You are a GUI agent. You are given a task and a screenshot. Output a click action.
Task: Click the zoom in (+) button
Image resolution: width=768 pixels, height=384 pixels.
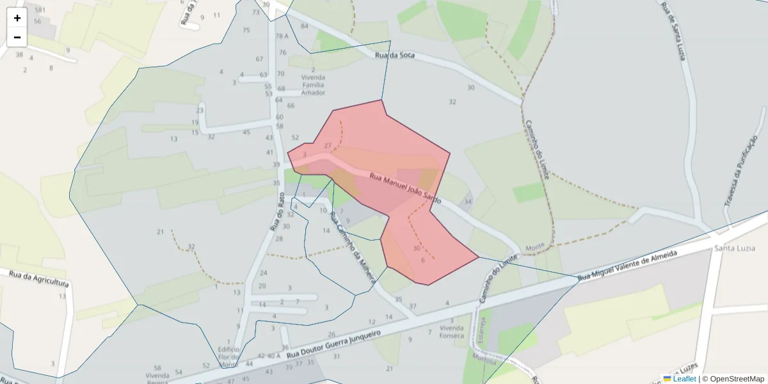pyautogui.click(x=17, y=18)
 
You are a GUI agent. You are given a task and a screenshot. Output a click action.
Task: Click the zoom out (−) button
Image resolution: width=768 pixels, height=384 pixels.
pyautogui.click(x=17, y=37)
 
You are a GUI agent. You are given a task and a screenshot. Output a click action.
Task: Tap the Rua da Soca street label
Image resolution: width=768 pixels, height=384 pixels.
pyautogui.click(x=395, y=56)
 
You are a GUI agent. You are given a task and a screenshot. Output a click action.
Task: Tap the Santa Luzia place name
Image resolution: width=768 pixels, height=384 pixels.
pyautogui.click(x=735, y=248)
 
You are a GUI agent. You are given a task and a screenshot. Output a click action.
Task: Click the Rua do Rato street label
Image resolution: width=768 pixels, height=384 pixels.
pyautogui.click(x=276, y=211)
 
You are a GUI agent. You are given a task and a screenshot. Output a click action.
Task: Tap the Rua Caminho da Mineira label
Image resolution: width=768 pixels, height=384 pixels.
pyautogui.click(x=347, y=245)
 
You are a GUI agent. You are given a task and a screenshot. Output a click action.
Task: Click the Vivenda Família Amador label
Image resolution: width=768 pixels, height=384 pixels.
pyautogui.click(x=313, y=84)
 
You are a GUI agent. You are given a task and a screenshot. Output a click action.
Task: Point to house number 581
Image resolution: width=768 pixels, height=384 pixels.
pyautogui.click(x=40, y=10)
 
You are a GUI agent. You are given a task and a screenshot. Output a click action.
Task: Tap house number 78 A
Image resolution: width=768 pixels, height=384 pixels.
pyautogui.click(x=282, y=36)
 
